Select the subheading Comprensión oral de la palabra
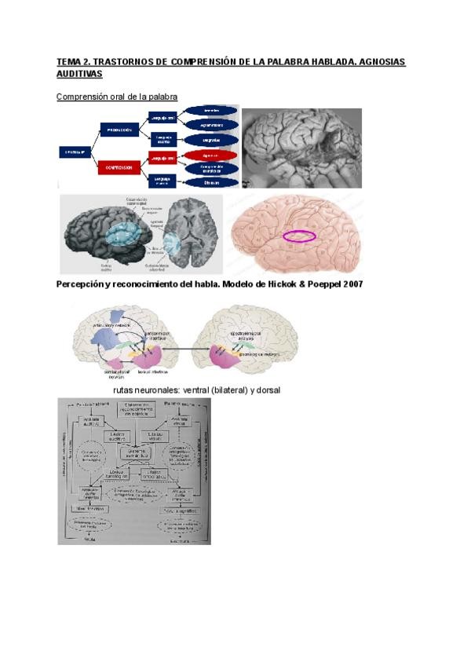117,97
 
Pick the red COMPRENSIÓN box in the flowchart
119,167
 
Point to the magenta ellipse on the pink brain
300,235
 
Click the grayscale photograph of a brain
301,148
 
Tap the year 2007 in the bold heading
347,284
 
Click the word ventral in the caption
181,390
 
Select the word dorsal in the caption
265,390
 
